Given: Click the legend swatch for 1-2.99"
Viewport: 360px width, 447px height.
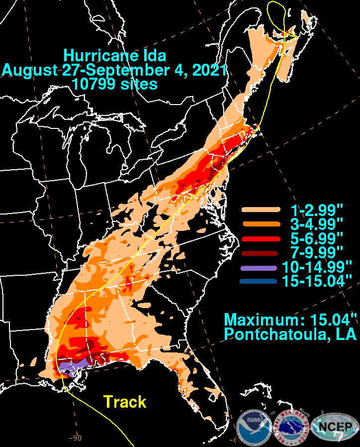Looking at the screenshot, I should coord(259,210).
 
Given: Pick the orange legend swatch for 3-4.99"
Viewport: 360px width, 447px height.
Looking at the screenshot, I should coord(259,223).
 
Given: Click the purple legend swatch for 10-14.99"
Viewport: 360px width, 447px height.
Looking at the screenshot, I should coord(259,267).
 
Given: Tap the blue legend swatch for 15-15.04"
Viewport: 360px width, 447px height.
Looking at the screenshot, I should coord(259,281).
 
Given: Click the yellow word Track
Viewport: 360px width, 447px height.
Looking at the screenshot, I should coord(125,401).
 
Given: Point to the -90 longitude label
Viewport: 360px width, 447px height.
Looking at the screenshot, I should coord(75,438).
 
